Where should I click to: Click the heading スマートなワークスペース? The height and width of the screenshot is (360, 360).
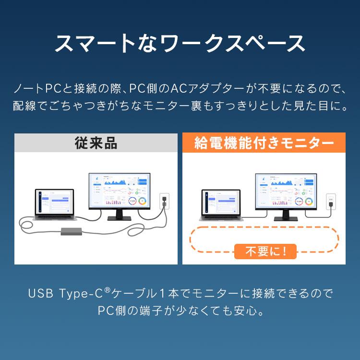(x=180, y=43)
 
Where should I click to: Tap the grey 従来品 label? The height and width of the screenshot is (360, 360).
(x=96, y=143)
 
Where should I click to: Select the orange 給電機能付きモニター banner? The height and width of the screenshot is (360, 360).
(x=264, y=143)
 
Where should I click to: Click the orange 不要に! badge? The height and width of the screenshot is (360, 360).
(x=265, y=251)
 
